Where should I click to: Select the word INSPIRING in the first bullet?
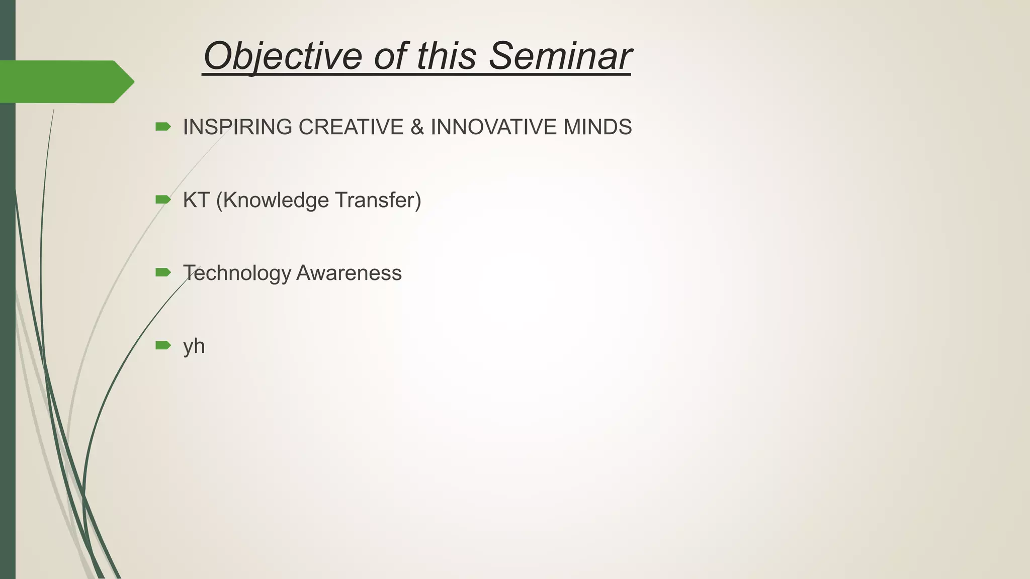237,127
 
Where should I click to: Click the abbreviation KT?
196,200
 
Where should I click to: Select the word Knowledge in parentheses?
272,200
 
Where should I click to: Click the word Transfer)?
378,200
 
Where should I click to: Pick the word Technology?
237,273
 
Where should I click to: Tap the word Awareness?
349,273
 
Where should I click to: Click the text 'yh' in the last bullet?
194,346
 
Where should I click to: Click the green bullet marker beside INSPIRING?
163,127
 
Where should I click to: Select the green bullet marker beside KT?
163,200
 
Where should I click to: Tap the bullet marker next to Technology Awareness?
163,272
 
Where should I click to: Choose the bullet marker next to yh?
163,345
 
